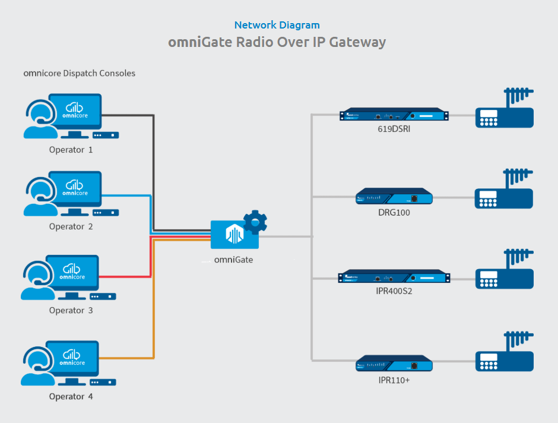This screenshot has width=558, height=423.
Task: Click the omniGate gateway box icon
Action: point(234,235)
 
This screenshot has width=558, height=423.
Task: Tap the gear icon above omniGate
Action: point(256,222)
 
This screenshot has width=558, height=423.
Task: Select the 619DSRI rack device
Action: point(394,115)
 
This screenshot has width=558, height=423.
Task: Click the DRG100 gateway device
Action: point(394,197)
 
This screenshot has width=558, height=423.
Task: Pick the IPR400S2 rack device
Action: point(394,277)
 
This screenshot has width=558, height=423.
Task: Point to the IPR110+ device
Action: point(394,364)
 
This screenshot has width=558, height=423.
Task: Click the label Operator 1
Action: point(71,150)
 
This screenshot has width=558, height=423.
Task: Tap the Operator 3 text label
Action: point(71,310)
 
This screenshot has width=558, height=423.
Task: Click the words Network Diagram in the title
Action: point(277,25)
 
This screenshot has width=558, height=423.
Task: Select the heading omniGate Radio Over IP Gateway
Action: point(277,42)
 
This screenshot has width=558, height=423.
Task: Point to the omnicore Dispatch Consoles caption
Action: point(80,73)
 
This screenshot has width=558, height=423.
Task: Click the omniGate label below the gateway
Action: point(233,259)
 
